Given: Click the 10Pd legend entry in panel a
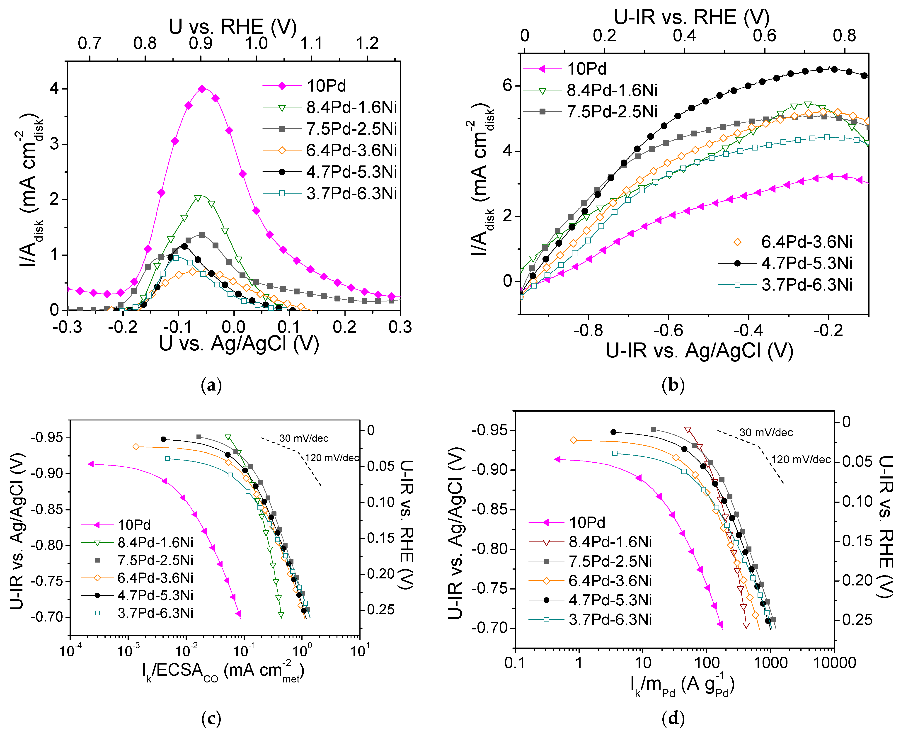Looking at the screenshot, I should [x=326, y=86].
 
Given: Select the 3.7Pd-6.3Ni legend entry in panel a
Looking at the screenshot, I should [x=351, y=193].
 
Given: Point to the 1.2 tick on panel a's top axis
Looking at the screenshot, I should [x=367, y=44].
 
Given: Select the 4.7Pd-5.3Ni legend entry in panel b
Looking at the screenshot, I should [x=807, y=263].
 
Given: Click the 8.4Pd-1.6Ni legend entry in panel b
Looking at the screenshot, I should [x=611, y=90].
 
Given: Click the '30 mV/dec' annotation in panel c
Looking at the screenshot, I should [x=304, y=438].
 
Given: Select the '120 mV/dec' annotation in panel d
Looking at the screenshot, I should [x=801, y=459].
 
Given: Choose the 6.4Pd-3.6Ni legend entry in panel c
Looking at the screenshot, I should [x=155, y=578].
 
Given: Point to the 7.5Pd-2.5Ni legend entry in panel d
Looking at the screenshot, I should [x=610, y=561].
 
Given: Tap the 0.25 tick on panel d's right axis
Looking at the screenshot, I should [x=857, y=620].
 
